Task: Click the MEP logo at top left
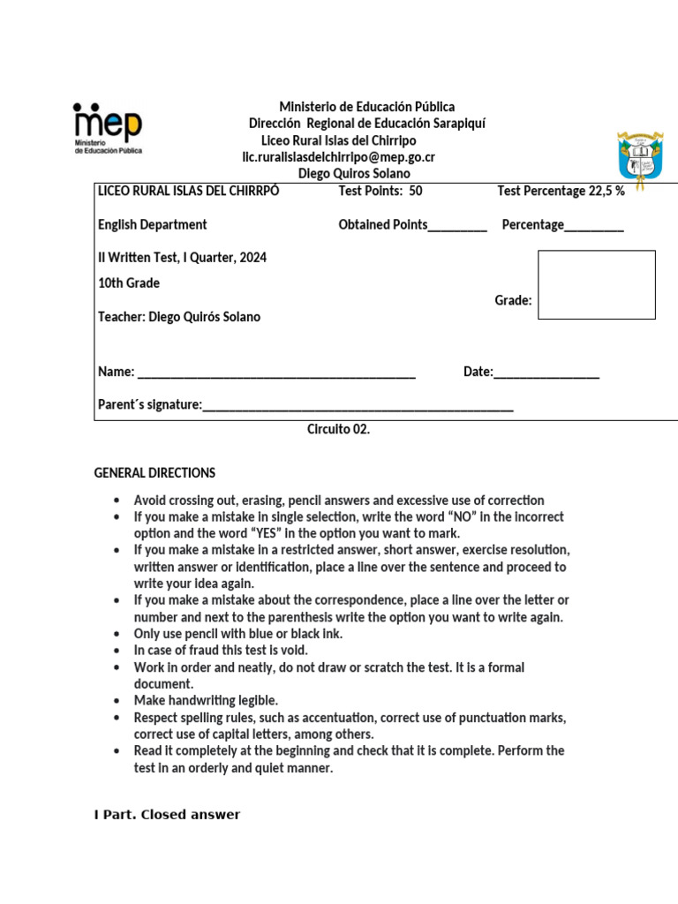107,129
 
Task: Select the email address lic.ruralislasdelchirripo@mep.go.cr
339,157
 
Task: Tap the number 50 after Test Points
416,191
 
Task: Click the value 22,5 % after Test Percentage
606,191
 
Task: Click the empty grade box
597,284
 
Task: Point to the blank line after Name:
276,373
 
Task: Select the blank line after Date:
546,373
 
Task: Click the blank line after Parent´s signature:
358,405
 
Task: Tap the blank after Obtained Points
457,225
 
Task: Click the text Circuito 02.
338,430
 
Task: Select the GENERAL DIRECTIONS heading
154,473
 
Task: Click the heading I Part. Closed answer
167,814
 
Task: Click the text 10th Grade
129,283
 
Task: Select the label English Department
153,225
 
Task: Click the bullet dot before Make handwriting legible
117,701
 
